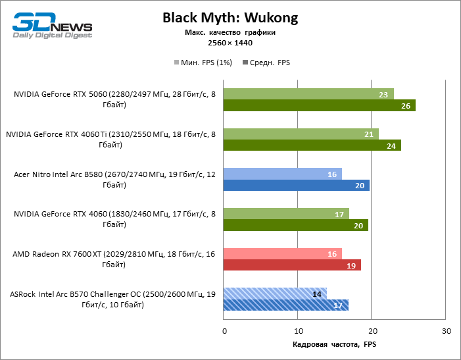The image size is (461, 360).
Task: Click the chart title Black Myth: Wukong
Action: tap(230, 18)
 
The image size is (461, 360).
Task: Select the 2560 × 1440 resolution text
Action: tap(230, 43)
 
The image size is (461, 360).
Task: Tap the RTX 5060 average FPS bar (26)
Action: tap(320, 105)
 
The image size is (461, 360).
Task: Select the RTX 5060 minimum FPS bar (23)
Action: tap(308, 94)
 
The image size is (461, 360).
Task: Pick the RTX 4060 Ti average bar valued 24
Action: tap(312, 145)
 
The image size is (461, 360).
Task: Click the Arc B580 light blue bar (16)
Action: tap(283, 174)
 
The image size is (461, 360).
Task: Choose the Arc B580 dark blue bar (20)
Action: tap(297, 186)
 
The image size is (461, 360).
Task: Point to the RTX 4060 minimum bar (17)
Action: tap(286, 214)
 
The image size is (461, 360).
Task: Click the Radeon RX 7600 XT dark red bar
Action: tap(293, 265)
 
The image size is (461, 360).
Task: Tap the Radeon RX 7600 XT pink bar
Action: tap(283, 254)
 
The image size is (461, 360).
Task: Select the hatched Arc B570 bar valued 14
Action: tap(275, 294)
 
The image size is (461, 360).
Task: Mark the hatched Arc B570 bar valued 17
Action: tap(286, 305)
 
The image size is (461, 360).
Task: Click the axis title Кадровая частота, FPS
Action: tap(334, 345)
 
